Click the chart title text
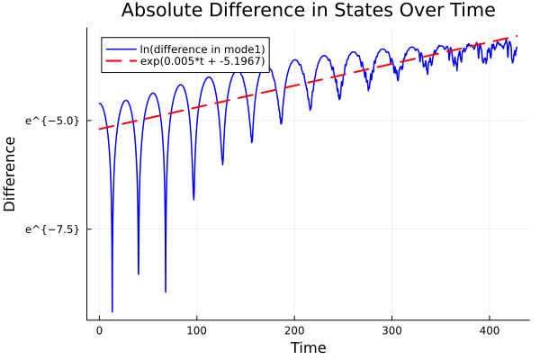[308, 12]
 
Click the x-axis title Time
[308, 347]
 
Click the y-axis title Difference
[11, 174]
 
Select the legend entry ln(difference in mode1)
[203, 48]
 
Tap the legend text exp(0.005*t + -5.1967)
[203, 62]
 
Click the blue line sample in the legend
[121, 48]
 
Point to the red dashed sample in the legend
[121, 62]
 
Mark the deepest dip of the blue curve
[112, 311]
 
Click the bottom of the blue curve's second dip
[139, 274]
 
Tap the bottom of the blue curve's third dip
[166, 292]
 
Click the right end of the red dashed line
[517, 36]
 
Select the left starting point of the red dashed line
[99, 129]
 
